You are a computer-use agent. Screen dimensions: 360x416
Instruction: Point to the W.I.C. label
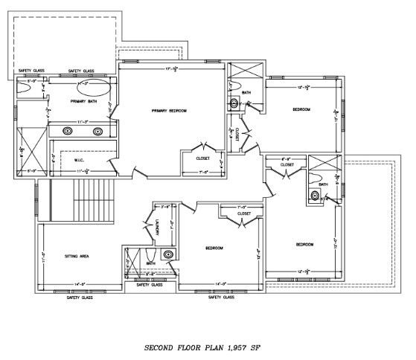(x=81, y=159)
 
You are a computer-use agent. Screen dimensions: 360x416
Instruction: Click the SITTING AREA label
(x=79, y=256)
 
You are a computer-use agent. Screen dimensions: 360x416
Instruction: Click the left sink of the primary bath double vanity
(x=68, y=131)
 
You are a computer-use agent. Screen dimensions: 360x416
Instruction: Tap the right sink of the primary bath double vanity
(x=97, y=131)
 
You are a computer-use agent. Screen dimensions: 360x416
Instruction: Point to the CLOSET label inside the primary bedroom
(x=202, y=158)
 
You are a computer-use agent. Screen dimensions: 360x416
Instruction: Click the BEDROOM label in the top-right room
(x=301, y=109)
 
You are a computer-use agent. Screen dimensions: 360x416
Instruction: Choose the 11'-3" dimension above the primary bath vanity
(x=83, y=121)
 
